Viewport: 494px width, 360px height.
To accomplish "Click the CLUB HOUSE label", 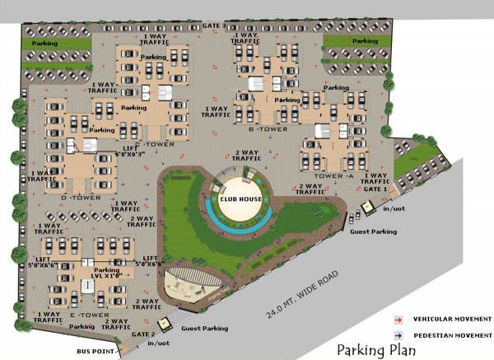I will [240, 199].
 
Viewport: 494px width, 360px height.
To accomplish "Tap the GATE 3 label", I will [215, 26].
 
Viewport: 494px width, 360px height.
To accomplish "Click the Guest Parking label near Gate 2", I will [203, 329].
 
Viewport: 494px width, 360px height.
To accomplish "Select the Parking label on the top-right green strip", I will [364, 40].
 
